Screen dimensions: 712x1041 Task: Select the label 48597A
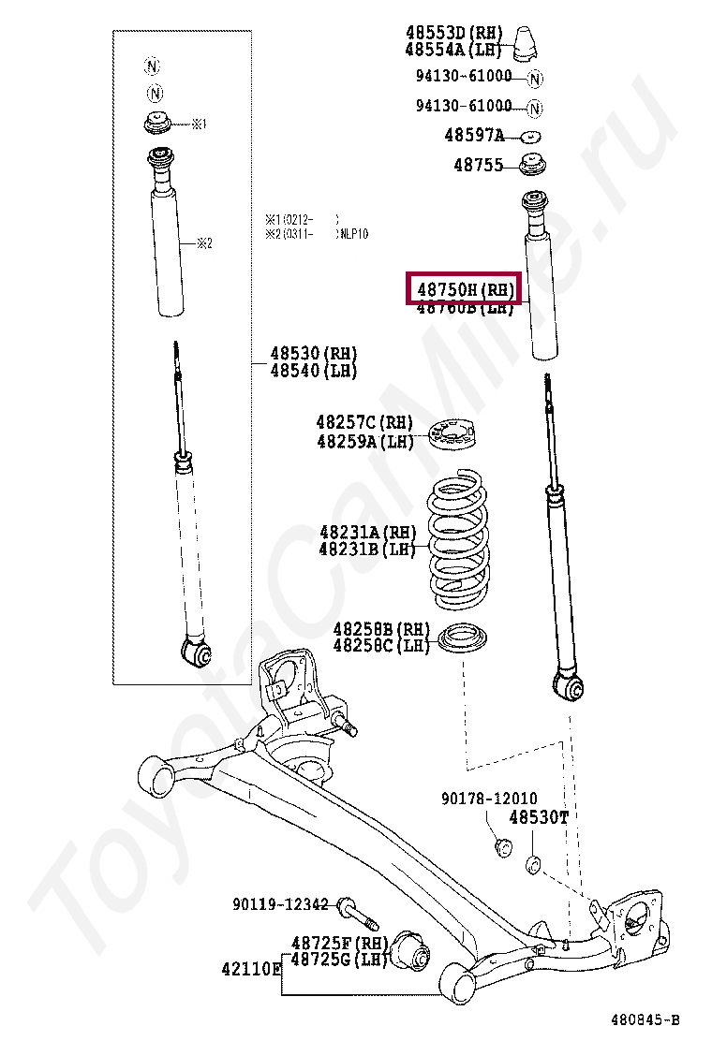(x=474, y=136)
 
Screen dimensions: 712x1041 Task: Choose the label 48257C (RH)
(x=364, y=423)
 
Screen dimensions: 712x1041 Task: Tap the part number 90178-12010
(x=490, y=799)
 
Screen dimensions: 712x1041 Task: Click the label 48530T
(x=539, y=817)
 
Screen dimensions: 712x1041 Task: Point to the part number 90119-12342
(x=280, y=904)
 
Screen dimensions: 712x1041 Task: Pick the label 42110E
(x=251, y=969)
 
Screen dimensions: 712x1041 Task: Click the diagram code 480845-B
(x=645, y=1019)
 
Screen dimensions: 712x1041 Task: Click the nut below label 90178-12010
(x=503, y=848)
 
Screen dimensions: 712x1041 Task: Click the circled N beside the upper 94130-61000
(x=535, y=79)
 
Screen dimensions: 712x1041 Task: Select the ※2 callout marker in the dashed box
(x=204, y=243)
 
